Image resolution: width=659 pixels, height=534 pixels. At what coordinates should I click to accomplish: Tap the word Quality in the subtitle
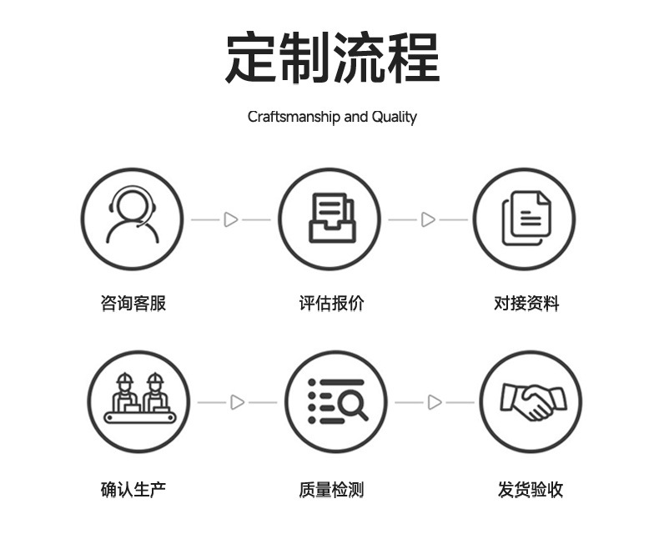click(394, 117)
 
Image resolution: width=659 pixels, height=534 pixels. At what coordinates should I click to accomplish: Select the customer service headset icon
click(132, 219)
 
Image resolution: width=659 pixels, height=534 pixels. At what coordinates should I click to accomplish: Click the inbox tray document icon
click(329, 219)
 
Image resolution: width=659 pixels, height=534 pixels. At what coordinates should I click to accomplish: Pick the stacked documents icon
click(526, 219)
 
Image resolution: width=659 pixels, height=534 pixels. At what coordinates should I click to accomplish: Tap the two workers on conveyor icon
click(139, 400)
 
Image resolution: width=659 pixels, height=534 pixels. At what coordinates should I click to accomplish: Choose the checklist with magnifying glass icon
click(336, 401)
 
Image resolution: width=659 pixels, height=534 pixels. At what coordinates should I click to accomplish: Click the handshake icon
click(531, 401)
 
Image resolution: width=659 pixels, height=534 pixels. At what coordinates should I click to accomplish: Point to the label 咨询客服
click(133, 304)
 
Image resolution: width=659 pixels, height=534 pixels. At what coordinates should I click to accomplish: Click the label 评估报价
click(331, 304)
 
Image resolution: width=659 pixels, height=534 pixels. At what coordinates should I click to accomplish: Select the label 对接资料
click(526, 304)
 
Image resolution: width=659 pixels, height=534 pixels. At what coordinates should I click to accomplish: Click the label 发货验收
click(531, 490)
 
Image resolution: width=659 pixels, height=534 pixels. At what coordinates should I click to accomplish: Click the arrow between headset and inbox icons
click(231, 219)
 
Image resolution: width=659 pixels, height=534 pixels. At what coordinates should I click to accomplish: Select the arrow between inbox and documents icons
click(428, 219)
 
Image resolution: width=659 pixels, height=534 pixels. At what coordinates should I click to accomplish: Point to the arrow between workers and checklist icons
click(238, 402)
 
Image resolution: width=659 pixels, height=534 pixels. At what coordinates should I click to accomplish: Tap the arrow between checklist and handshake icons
click(435, 402)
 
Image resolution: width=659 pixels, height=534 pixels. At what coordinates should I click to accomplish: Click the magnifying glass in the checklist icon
click(354, 406)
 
